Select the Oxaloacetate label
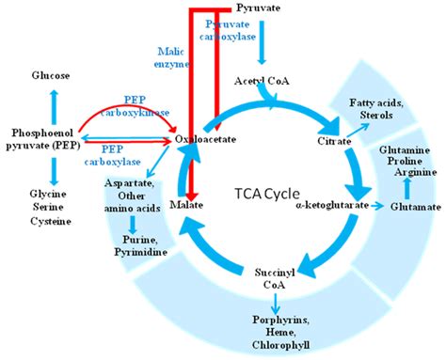click(205, 139)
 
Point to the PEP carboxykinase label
click(145, 105)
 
